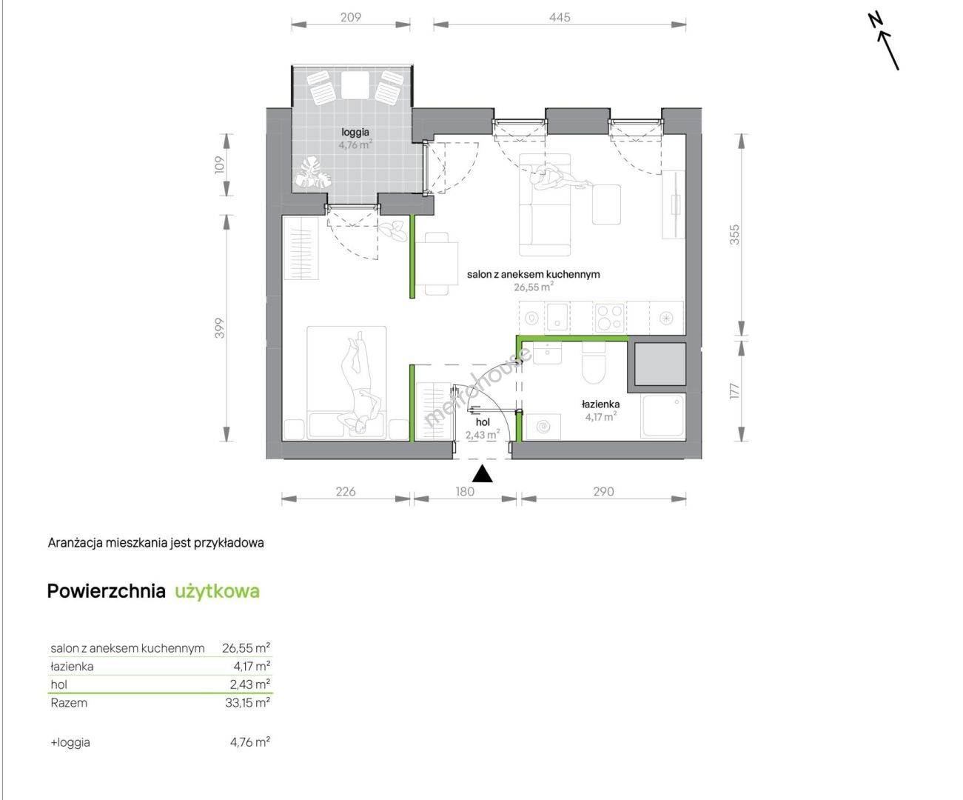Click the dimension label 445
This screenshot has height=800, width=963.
[x=560, y=17]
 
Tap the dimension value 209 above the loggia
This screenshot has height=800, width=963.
[x=351, y=17]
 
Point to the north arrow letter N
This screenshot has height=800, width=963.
[x=875, y=19]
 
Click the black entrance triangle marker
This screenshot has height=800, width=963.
[x=483, y=473]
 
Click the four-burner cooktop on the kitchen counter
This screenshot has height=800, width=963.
[x=610, y=317]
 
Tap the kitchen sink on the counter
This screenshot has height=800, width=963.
[x=557, y=317]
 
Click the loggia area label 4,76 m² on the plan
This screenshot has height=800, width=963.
[x=355, y=145]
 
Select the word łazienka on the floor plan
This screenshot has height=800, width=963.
[x=600, y=404]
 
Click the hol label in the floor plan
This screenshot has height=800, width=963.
[x=483, y=422]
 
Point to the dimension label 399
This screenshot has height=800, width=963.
[x=220, y=327]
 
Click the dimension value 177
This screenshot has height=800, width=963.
[x=735, y=391]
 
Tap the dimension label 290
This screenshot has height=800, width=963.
[x=603, y=492]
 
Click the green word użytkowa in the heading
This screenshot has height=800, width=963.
[x=217, y=591]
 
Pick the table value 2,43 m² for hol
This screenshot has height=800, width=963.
[x=250, y=684]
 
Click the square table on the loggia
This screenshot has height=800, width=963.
[x=355, y=85]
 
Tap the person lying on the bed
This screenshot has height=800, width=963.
[x=360, y=382]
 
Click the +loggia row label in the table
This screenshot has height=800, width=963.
[x=70, y=742]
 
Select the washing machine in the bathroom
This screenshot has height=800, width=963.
[x=543, y=427]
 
